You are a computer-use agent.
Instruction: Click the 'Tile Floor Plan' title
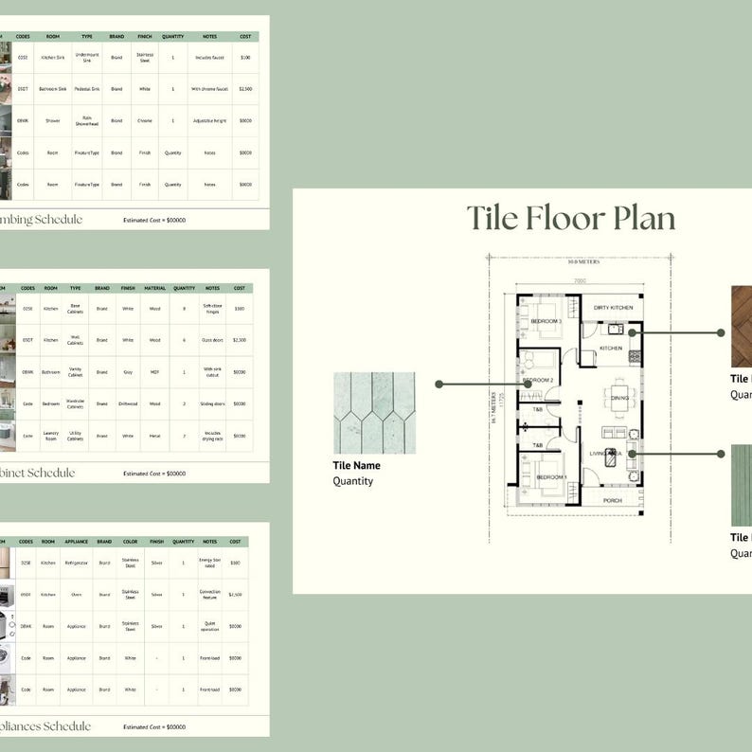click(571, 219)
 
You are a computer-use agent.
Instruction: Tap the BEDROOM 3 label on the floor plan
click(546, 322)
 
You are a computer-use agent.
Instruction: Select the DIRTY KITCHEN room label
click(613, 308)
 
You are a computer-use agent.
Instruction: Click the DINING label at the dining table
click(620, 399)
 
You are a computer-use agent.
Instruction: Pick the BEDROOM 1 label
click(551, 476)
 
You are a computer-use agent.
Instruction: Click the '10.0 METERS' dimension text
click(584, 262)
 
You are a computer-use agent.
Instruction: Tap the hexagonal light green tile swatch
click(374, 413)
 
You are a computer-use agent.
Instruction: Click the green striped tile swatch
click(742, 485)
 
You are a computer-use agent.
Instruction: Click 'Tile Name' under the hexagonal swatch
click(356, 465)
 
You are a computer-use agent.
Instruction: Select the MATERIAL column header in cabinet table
click(154, 288)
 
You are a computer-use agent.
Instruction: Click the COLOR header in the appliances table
click(131, 542)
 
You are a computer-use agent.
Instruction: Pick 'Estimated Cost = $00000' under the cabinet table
click(154, 473)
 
